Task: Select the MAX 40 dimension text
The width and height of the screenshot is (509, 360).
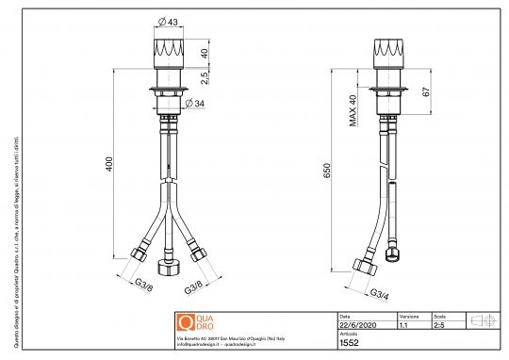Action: [x=353, y=109]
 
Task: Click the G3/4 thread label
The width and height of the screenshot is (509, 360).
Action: [x=380, y=293]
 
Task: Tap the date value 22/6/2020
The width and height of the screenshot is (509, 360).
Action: [x=355, y=325]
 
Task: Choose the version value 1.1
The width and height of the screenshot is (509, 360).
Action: [x=404, y=325]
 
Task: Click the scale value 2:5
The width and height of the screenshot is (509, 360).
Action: [x=439, y=325]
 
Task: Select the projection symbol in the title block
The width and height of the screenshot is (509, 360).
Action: [x=483, y=320]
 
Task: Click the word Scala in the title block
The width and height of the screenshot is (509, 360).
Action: [x=439, y=316]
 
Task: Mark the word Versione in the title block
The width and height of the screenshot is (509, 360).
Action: [x=409, y=316]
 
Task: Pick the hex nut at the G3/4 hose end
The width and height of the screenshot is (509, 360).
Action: [x=359, y=266]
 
